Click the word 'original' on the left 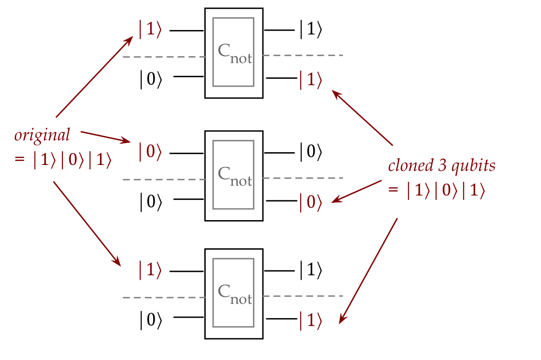coord(42,135)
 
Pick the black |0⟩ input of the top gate coord(151,79)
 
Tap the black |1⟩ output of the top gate coord(311,30)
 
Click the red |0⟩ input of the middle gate coord(150,152)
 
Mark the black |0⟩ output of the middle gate coord(311,152)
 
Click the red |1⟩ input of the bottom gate coord(150,270)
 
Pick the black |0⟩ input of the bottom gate coord(151,321)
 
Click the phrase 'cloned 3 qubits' coord(442,165)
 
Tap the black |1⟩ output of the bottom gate coord(311,270)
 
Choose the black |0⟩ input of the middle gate coord(151,201)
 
